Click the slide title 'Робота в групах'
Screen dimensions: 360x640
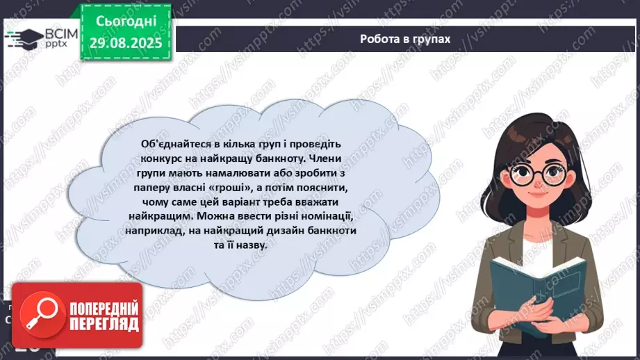pos(405,39)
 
